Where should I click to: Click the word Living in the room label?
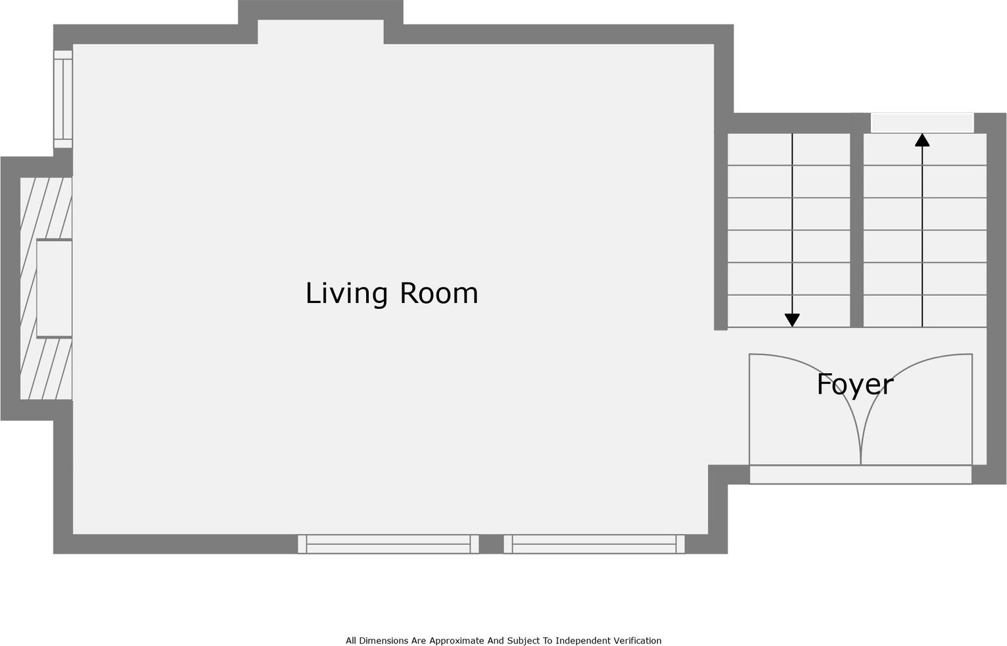[346, 294]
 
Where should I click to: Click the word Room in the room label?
[439, 293]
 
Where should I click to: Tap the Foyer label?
[855, 385]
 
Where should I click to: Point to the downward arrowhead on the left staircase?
[792, 320]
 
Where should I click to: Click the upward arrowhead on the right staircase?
[922, 140]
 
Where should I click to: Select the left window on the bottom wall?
[388, 544]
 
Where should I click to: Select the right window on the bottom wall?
[594, 544]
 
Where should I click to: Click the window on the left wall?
[63, 99]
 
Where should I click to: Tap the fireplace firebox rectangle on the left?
[55, 288]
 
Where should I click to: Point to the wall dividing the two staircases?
[857, 229]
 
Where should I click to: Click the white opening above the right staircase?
[922, 123]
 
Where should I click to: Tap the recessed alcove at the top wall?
[321, 32]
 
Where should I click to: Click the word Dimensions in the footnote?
[384, 640]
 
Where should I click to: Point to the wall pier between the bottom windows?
[491, 544]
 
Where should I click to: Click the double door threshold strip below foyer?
[861, 474]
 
